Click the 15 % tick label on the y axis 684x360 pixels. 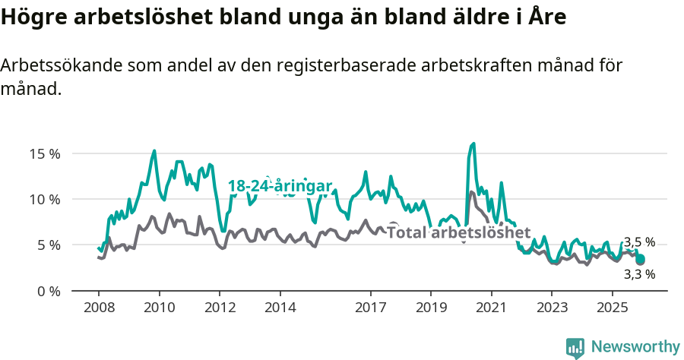[x=44, y=153]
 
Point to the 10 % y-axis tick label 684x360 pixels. [x=44, y=199]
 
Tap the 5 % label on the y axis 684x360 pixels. [x=47, y=245]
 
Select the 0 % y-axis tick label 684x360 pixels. [x=47, y=291]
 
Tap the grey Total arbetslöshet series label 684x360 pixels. [x=458, y=232]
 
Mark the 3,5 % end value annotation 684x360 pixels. [x=639, y=242]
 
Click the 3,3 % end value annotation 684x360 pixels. [x=639, y=274]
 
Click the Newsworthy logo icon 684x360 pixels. [x=575, y=347]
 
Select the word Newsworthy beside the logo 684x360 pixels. [x=635, y=347]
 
